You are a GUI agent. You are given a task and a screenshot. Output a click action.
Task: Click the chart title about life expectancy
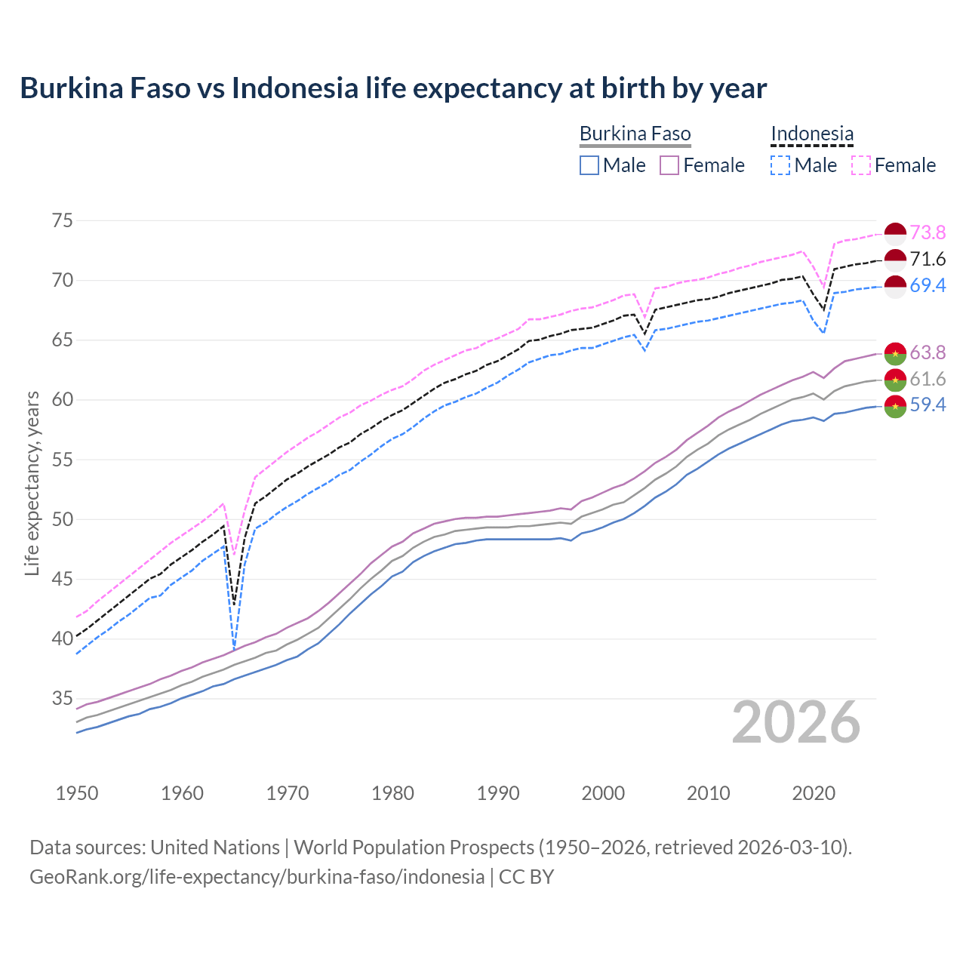(x=393, y=88)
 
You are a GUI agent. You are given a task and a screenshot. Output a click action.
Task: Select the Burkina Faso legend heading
(x=635, y=134)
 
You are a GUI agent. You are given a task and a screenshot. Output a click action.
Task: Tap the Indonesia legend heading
(x=812, y=134)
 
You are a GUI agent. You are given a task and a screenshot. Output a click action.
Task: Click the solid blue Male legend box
(x=589, y=165)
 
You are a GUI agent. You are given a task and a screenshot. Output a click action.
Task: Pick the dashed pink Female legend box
(x=861, y=165)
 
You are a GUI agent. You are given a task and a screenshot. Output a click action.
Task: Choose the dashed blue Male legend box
(x=780, y=165)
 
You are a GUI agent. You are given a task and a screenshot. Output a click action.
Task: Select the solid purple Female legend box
(x=669, y=165)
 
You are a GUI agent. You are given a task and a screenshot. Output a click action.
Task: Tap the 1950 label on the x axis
(x=77, y=793)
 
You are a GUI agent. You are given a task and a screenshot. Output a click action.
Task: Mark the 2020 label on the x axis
(x=813, y=793)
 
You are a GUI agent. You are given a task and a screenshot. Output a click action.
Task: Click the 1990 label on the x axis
(x=498, y=793)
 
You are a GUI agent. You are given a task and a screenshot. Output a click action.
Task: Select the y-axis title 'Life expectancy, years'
(x=32, y=483)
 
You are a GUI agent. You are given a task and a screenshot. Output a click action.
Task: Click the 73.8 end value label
(x=928, y=232)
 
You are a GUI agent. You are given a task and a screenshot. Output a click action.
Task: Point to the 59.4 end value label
(x=928, y=405)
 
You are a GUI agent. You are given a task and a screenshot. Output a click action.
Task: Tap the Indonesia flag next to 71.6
(x=895, y=260)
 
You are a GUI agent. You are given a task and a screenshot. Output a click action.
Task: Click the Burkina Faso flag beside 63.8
(x=895, y=353)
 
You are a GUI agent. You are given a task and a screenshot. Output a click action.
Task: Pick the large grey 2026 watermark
(x=796, y=723)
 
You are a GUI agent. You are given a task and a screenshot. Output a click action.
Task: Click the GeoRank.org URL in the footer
(x=257, y=877)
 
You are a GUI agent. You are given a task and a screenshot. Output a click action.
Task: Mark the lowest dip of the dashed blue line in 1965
(x=234, y=649)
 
